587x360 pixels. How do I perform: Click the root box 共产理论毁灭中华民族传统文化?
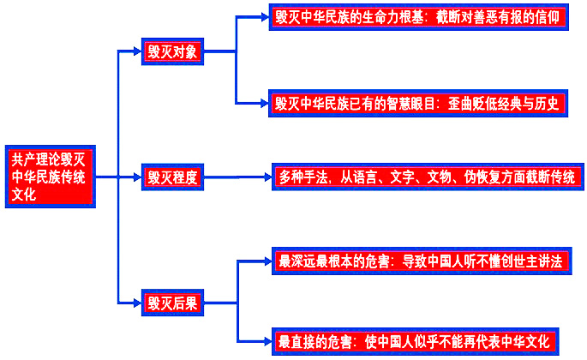(51, 177)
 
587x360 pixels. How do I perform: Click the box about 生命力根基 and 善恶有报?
(418, 16)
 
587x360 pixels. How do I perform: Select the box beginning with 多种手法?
(425, 177)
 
